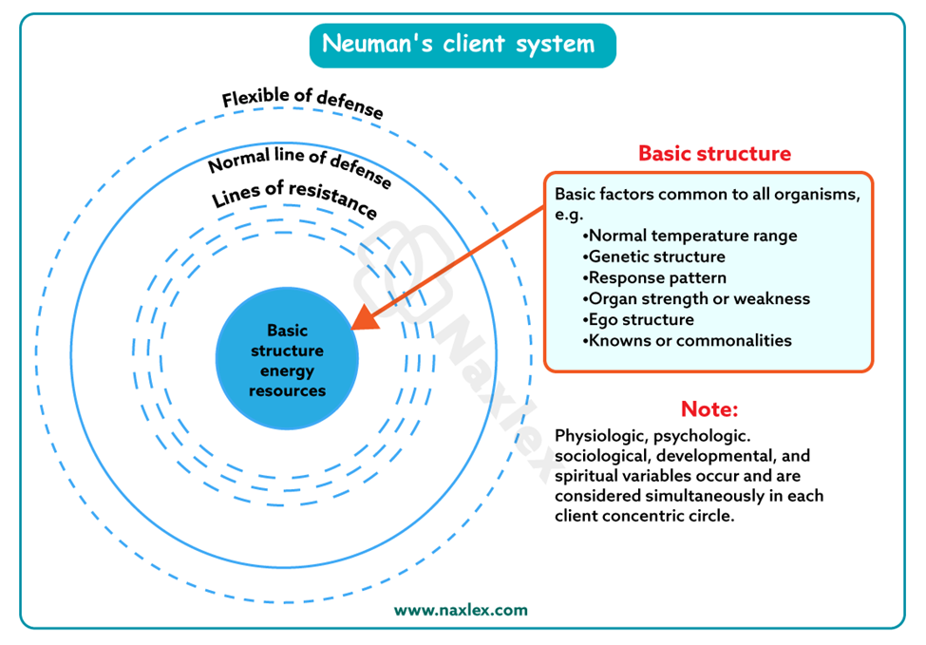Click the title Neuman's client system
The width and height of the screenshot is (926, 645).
(462, 44)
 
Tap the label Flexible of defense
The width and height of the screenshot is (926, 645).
(303, 104)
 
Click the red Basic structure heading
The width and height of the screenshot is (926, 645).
(714, 153)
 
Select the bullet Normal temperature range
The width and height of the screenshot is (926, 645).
(692, 236)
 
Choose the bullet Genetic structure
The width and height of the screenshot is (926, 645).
(656, 256)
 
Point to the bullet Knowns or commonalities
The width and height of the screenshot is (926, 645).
(690, 340)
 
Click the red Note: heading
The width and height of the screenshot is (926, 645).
(709, 409)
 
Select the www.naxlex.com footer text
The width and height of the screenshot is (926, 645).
(461, 610)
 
